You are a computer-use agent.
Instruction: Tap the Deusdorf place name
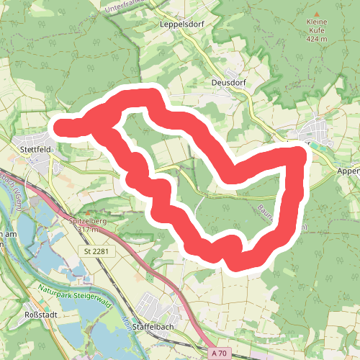pos(228,83)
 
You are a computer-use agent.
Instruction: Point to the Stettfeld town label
pos(32,150)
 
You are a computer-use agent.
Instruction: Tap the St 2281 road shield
pos(96,250)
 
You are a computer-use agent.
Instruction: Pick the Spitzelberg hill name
pos(89,221)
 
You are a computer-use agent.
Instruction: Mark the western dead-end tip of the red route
pos(60,128)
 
